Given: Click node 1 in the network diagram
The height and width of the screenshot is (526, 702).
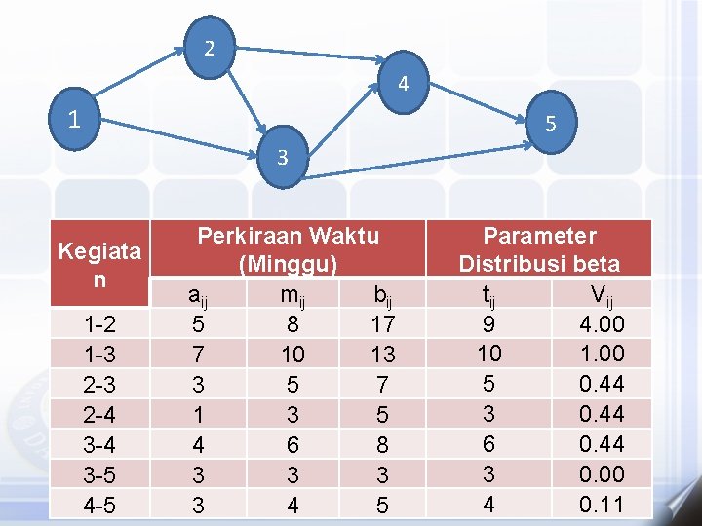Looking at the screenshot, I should tap(74, 121).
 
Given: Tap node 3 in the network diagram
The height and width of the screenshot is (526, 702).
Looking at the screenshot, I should tap(282, 155).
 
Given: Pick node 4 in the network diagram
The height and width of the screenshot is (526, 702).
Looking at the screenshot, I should tap(403, 84).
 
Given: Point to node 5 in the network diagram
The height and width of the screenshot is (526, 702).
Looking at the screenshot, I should tap(551, 124).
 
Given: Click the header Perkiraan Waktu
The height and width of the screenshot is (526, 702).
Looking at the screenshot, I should tap(289, 236).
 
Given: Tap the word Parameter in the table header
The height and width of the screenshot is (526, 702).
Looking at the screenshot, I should tap(539, 236).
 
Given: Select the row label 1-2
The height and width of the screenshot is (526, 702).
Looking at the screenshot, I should tap(98, 324).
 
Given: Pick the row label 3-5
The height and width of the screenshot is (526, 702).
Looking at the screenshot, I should tap(98, 475).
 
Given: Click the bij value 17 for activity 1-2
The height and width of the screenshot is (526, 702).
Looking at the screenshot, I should tap(382, 323).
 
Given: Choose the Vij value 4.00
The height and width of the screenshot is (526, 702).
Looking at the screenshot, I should tap(601, 323).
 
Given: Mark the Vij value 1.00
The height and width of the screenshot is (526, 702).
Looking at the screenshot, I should tap(601, 353).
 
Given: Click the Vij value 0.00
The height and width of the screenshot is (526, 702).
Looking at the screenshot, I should tap(601, 474).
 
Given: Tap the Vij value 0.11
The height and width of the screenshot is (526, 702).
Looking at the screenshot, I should tap(601, 505).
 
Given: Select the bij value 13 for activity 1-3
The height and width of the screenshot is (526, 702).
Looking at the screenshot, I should tap(382, 354).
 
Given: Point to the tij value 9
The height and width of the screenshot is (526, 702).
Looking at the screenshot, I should tap(488, 323).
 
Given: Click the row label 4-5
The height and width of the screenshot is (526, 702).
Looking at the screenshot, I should tap(98, 506).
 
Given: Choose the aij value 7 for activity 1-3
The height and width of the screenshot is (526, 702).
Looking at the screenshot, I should tap(197, 354).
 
